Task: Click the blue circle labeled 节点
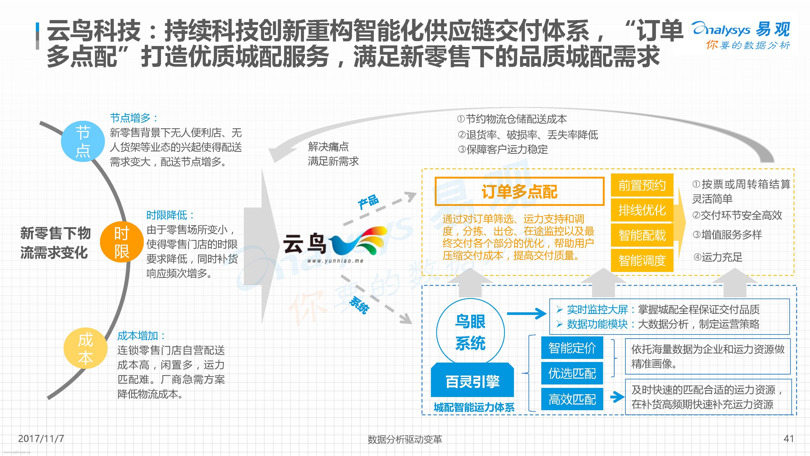83,141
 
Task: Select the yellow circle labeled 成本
85,348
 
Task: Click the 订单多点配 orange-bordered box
519,191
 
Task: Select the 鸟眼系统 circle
470,332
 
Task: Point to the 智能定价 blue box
572,348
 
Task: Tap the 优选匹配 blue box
572,373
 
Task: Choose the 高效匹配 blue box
572,399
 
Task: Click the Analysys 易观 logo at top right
741,35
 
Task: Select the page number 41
789,438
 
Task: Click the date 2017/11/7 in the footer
41,438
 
